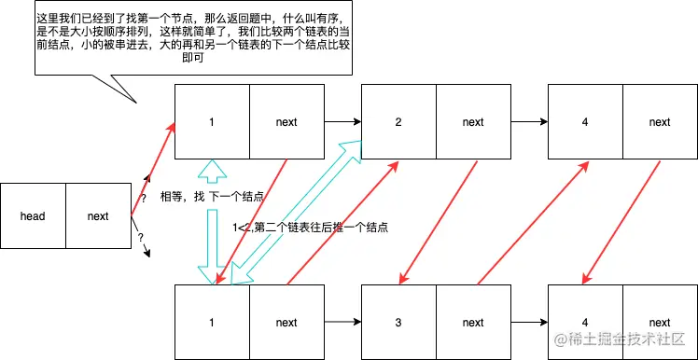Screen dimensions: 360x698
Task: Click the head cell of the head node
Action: tap(33, 216)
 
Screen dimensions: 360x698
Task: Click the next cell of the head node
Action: tap(98, 216)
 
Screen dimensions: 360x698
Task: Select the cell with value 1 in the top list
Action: tap(212, 122)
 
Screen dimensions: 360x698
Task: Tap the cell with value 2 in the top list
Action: tap(398, 122)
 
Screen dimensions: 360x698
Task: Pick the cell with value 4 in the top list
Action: tap(585, 122)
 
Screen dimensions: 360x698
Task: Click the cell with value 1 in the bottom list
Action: tap(212, 323)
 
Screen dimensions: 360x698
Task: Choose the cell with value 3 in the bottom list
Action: tap(398, 323)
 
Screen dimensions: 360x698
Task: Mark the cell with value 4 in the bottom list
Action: tap(585, 323)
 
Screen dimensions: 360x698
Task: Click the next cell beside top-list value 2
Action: tap(473, 122)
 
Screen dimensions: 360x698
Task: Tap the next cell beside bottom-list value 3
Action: tap(473, 323)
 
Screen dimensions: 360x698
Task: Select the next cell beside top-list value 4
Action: tap(659, 122)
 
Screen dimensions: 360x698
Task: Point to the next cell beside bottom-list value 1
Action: tap(286, 323)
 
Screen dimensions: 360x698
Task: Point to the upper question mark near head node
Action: tap(144, 199)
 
